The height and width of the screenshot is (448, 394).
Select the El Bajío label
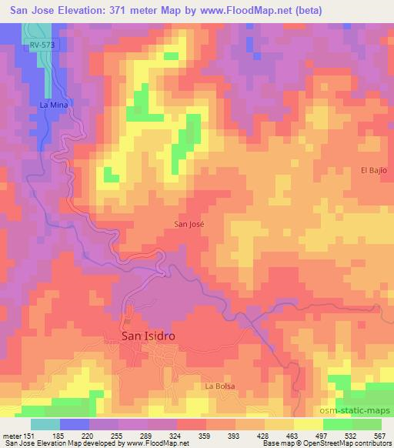click(x=372, y=169)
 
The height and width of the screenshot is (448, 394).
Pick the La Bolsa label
click(x=219, y=386)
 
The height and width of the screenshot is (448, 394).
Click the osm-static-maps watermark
click(x=360, y=412)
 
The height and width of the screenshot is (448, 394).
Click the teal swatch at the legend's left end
click(x=45, y=424)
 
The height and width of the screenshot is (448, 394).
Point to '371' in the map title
click(x=120, y=9)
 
